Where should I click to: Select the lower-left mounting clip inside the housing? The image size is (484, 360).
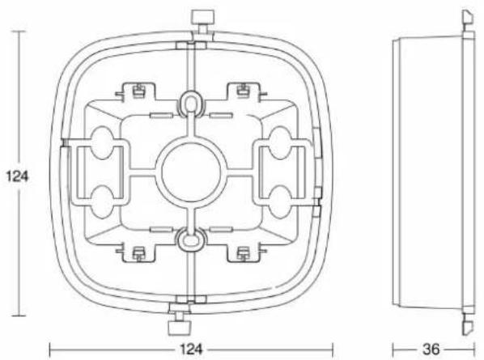tap(138, 252)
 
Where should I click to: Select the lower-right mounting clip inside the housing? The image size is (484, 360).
tap(242, 252)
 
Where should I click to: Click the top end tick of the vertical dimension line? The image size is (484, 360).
tap(19, 32)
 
